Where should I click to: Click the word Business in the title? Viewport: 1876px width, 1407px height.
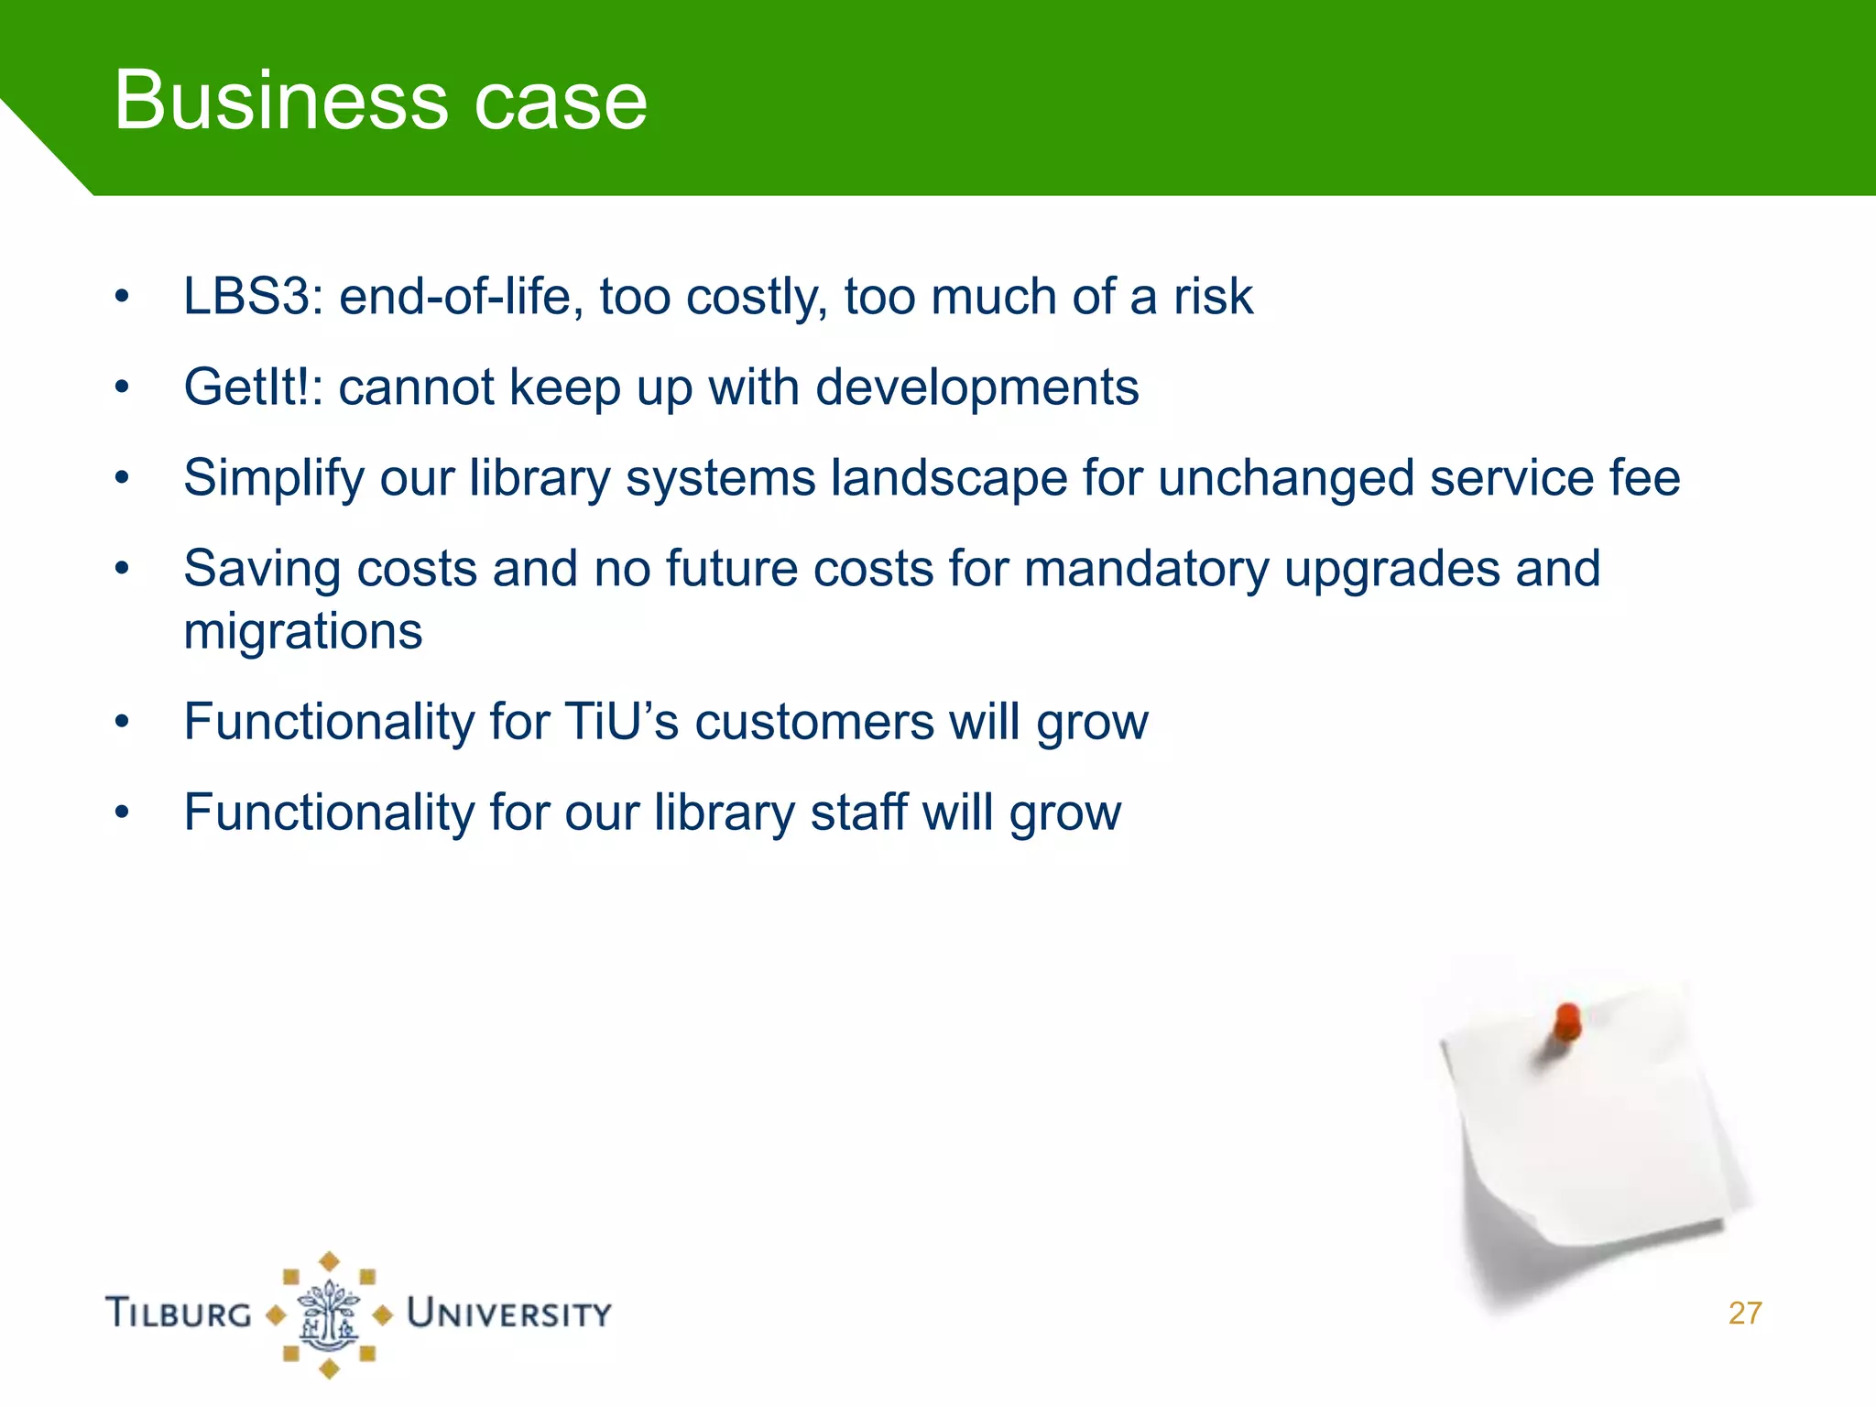pyautogui.click(x=280, y=101)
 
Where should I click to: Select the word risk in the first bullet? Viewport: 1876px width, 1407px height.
pyautogui.click(x=1213, y=297)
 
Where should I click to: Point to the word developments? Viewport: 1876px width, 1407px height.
pyautogui.click(x=976, y=387)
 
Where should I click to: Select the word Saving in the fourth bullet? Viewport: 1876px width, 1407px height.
pyautogui.click(x=263, y=570)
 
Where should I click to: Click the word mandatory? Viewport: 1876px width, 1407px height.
pyautogui.click(x=1146, y=570)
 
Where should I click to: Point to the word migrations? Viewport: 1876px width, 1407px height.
pyautogui.click(x=303, y=632)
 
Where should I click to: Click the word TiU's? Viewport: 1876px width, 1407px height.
pyautogui.click(x=621, y=722)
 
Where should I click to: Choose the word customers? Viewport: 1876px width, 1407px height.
pyautogui.click(x=814, y=722)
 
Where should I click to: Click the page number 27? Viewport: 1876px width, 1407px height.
pyautogui.click(x=1745, y=1313)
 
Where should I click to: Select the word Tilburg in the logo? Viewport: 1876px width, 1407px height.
pyautogui.click(x=180, y=1314)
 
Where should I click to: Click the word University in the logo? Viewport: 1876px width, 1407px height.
pyautogui.click(x=508, y=1314)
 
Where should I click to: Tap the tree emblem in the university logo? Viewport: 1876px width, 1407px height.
pyautogui.click(x=329, y=1315)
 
